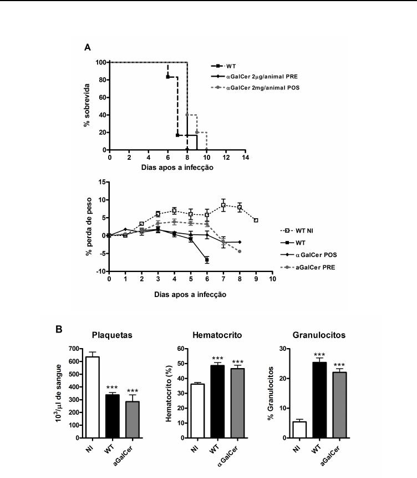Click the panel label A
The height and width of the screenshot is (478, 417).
87,47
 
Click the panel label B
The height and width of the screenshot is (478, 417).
59,329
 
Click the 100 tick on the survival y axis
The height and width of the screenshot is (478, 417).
100,62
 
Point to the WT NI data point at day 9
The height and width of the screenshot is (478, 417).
256,220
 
